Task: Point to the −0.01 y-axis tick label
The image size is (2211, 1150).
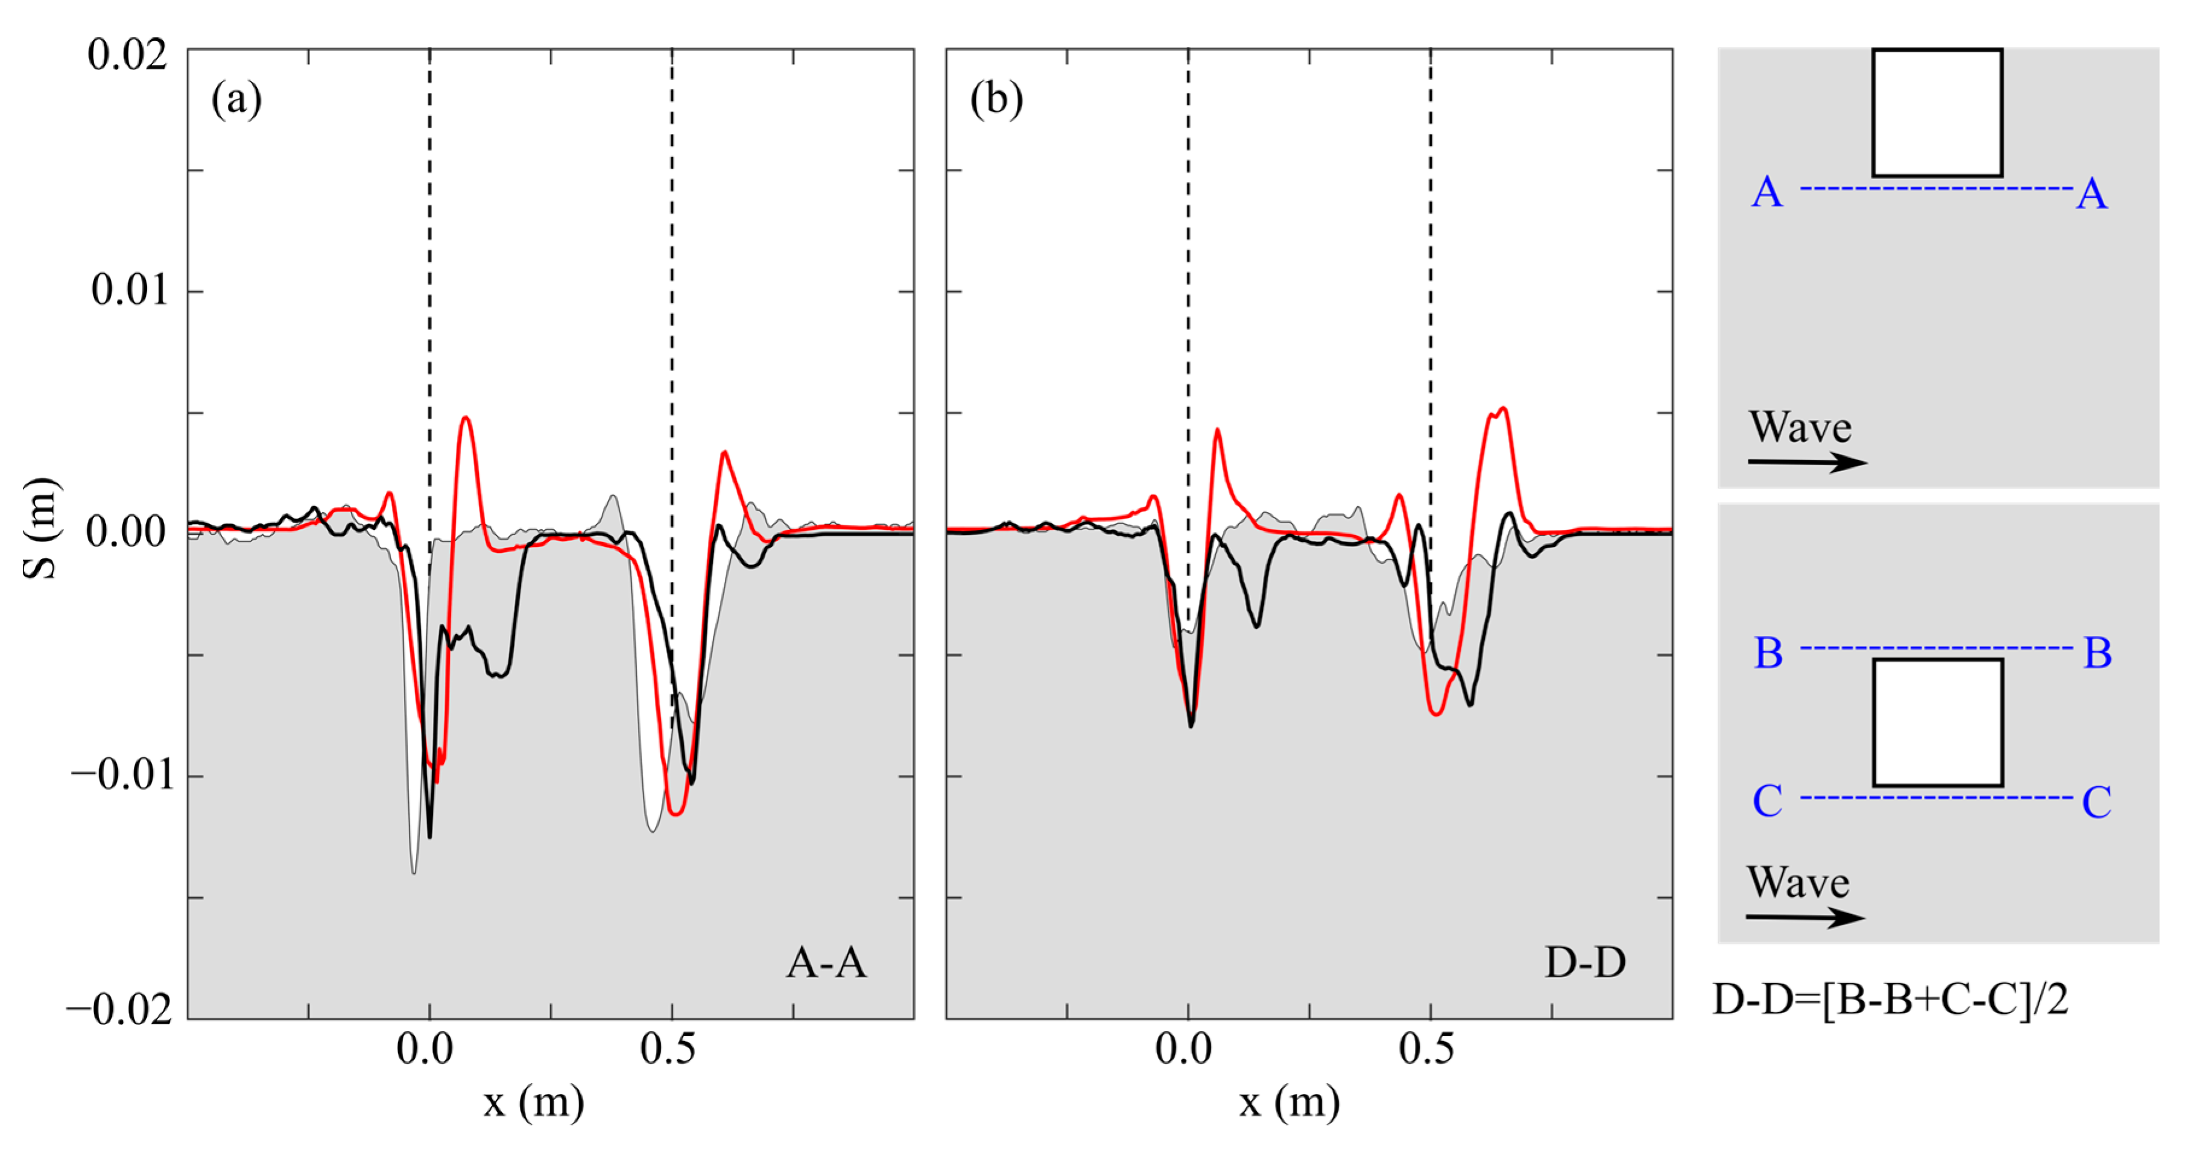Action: point(122,775)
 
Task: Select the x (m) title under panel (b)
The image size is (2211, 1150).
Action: point(1290,1101)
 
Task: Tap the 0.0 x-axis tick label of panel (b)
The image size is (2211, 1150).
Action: point(1184,1049)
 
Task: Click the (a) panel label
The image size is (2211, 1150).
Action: point(236,100)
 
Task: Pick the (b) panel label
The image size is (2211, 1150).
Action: point(996,100)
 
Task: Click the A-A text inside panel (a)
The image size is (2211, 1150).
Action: point(826,962)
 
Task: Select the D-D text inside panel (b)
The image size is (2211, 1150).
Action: point(1584,962)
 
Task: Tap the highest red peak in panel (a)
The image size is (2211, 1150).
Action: point(465,418)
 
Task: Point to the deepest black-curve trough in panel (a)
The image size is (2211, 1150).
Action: point(429,836)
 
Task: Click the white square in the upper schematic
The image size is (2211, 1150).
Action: point(1937,112)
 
